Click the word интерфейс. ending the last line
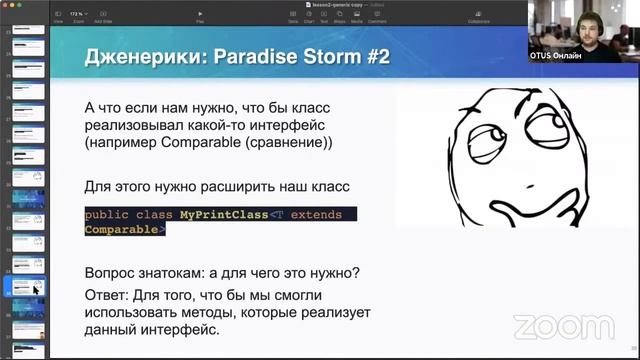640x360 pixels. (x=176, y=330)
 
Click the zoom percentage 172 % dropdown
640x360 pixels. (x=76, y=13)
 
